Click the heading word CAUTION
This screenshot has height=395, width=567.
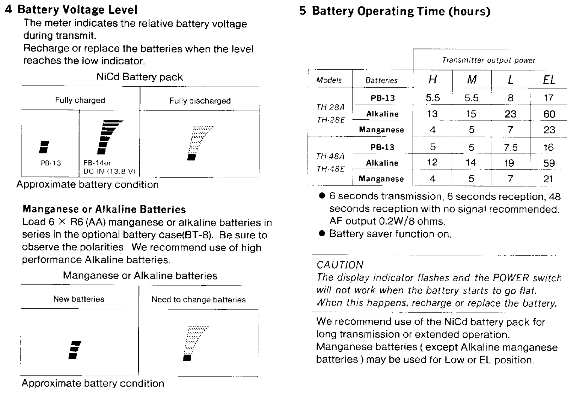pyautogui.click(x=340, y=265)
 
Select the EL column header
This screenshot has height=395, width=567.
pyautogui.click(x=549, y=80)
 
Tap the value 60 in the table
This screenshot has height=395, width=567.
pyautogui.click(x=549, y=114)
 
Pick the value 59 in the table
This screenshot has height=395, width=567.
pyautogui.click(x=549, y=163)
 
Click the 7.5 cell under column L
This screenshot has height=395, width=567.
pyautogui.click(x=510, y=148)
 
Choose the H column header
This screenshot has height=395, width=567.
pyautogui.click(x=432, y=80)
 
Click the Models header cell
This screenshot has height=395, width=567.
pyautogui.click(x=329, y=80)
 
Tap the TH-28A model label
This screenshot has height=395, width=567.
pyautogui.click(x=330, y=107)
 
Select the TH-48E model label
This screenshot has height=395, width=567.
pyautogui.click(x=330, y=169)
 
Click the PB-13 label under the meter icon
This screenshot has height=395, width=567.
pyautogui.click(x=51, y=163)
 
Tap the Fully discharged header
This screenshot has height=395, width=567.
pyautogui.click(x=200, y=101)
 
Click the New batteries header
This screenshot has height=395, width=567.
pyautogui.click(x=79, y=299)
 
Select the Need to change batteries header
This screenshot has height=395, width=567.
pyautogui.click(x=198, y=300)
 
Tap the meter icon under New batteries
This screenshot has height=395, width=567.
pyautogui.click(x=75, y=350)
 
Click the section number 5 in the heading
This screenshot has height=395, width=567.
pyautogui.click(x=303, y=11)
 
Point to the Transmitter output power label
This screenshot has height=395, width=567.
pyautogui.click(x=488, y=60)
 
